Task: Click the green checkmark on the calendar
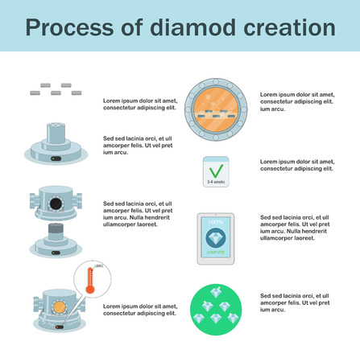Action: coord(216,170)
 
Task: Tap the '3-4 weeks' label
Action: coord(216,183)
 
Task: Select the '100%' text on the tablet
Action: coord(216,221)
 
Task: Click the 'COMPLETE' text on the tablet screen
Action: coord(216,253)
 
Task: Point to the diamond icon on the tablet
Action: coord(216,237)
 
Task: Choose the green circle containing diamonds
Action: coord(216,311)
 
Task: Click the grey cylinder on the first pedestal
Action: coord(56,132)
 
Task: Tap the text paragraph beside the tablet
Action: coord(293,228)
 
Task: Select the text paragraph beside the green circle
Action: coord(293,303)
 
